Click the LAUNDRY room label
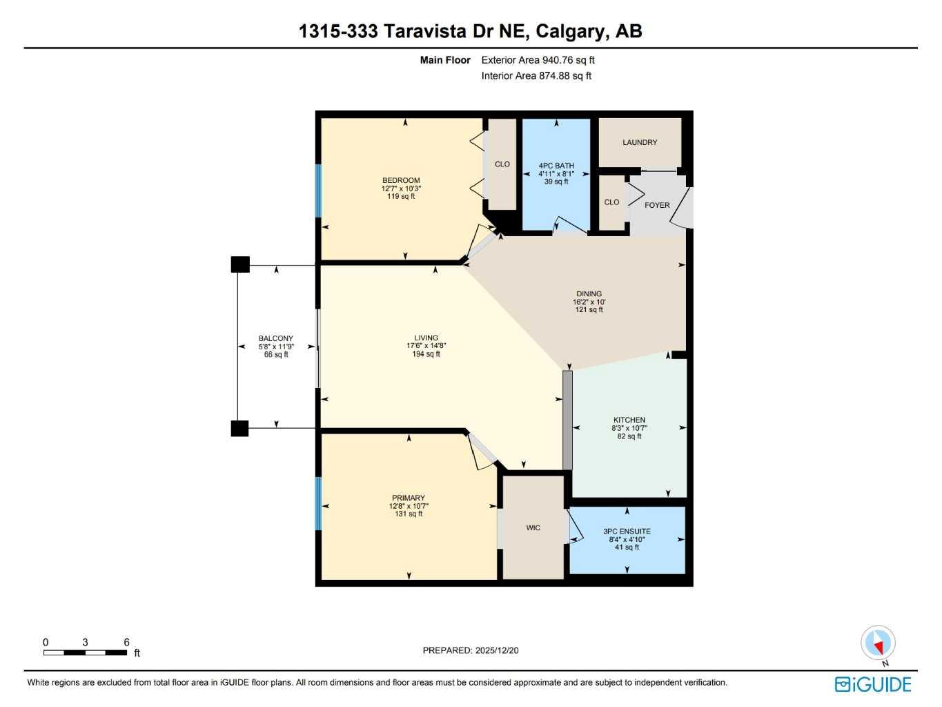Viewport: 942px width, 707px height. tap(640, 142)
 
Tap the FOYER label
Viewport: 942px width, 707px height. tap(657, 205)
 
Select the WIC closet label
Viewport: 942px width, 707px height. tap(533, 527)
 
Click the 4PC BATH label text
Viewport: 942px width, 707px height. tap(556, 166)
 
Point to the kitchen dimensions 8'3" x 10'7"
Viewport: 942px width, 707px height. tap(629, 428)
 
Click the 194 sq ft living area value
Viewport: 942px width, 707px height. tap(426, 354)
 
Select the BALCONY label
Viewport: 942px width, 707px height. tap(276, 338)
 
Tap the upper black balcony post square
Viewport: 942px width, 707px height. tap(239, 264)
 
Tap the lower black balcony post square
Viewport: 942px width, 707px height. tap(239, 428)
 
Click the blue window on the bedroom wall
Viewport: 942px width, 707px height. tap(319, 191)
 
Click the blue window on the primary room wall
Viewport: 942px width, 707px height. tap(319, 503)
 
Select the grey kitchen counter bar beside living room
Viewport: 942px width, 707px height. tap(567, 420)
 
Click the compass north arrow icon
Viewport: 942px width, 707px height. tap(878, 643)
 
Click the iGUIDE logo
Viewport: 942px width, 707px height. tap(873, 684)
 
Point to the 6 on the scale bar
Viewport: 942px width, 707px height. tap(126, 642)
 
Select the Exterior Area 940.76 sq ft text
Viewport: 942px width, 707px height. tap(538, 60)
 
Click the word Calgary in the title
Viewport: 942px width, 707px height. tap(569, 31)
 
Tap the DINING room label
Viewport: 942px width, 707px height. tap(589, 293)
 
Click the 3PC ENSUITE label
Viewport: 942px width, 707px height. tap(627, 531)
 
